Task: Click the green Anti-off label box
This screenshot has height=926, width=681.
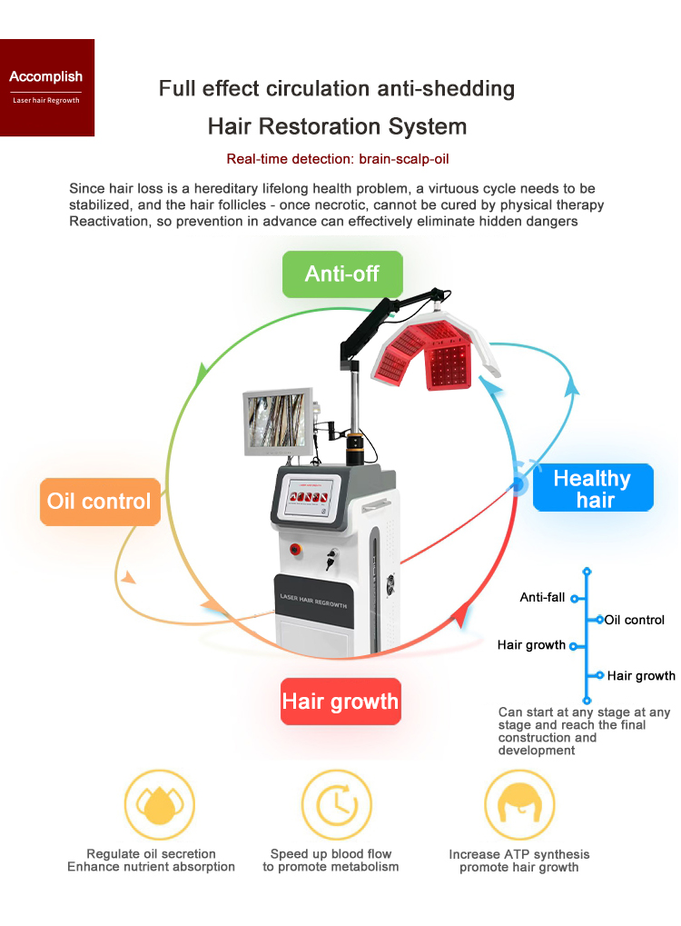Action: [342, 274]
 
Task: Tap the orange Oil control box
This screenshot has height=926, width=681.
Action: [100, 502]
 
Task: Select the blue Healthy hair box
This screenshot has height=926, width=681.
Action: [592, 489]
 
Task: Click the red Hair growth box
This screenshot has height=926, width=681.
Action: [340, 702]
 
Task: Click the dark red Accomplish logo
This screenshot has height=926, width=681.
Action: [46, 86]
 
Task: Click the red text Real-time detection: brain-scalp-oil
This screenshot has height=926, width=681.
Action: [338, 159]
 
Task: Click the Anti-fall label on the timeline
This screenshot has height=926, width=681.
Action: [542, 597]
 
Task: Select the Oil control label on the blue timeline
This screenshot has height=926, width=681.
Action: [635, 620]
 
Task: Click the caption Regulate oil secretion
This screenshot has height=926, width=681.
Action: [151, 853]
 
